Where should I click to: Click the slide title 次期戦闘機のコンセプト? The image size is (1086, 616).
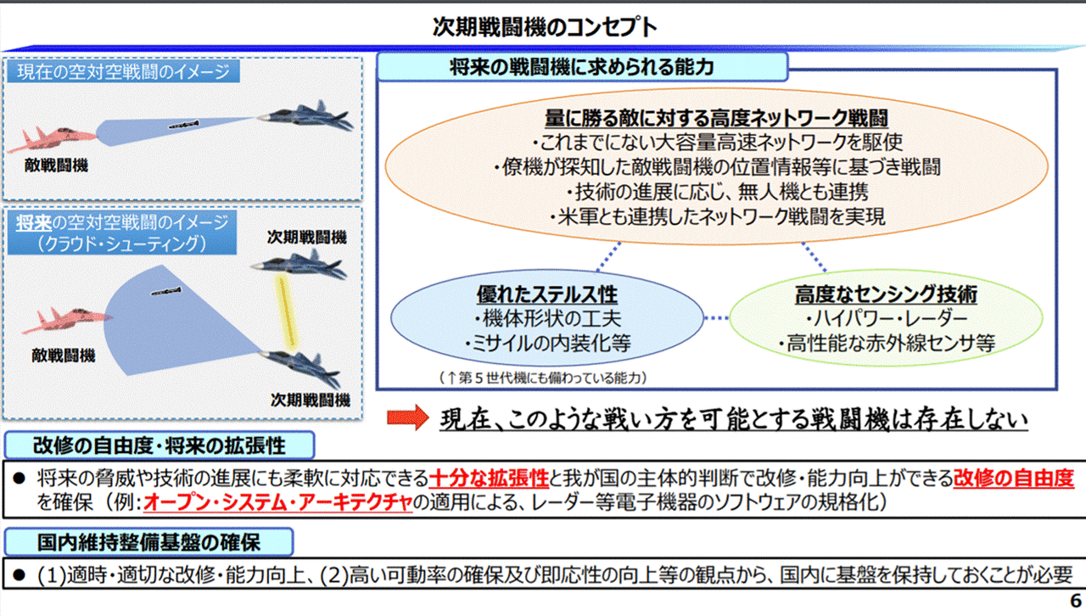coord(545,26)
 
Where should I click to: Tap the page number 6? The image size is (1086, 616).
coord(1075,601)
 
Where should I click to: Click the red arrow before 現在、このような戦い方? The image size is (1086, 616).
coord(408,417)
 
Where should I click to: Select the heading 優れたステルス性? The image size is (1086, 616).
coord(547,294)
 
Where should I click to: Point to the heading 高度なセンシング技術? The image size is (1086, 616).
coord(886,294)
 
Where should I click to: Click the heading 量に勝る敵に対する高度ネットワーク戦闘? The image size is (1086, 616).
coord(716,117)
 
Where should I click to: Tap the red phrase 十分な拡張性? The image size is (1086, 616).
coord(489,479)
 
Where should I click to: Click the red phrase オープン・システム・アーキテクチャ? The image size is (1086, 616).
coord(277,502)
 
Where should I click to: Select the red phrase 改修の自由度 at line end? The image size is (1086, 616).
coord(1013,479)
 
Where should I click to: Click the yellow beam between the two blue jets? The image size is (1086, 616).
coord(287,312)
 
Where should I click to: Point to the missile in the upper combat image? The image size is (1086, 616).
coord(183,125)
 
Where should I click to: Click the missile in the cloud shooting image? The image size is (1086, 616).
coord(166,292)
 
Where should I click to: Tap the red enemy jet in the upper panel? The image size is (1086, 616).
coord(53,138)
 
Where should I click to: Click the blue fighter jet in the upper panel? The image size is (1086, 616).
coord(305,115)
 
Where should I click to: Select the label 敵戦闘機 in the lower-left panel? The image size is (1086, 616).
coord(64,356)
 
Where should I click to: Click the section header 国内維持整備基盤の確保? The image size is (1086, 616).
coord(148,542)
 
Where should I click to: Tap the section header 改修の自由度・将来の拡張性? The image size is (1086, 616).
coord(160,445)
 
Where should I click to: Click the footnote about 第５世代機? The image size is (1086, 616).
coord(543,378)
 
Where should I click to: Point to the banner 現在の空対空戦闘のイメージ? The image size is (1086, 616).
coord(123,72)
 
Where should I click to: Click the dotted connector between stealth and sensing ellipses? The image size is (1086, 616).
coord(716,318)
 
